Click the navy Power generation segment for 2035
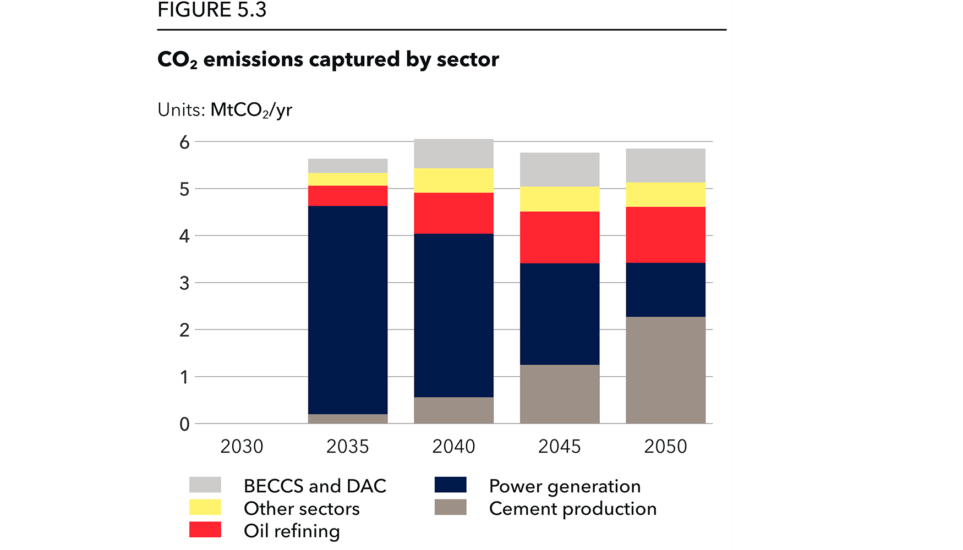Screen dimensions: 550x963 coord(347,310)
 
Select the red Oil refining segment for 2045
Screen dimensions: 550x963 coord(559,237)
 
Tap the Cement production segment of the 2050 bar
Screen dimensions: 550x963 coord(665,370)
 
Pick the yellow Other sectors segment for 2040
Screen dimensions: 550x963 coord(453,180)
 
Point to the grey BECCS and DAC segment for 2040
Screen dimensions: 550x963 coord(453,153)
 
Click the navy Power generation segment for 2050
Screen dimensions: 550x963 coord(665,289)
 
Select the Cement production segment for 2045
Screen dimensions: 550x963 coord(559,394)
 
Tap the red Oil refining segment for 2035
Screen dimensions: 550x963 coord(347,196)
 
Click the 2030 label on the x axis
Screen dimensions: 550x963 coord(242,446)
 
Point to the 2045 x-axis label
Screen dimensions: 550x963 coord(559,446)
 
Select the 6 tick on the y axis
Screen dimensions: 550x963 coord(184,142)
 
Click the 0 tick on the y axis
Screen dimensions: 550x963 coord(184,424)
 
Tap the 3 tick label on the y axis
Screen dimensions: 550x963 coord(184,283)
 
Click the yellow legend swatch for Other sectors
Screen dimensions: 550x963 coord(205,507)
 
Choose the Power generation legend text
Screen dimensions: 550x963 coord(565,486)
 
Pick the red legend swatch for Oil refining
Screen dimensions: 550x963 coord(205,530)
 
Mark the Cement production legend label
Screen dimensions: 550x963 coord(572,509)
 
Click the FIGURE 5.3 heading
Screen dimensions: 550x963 coord(212,10)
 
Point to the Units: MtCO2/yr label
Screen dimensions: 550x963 coord(225,110)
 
